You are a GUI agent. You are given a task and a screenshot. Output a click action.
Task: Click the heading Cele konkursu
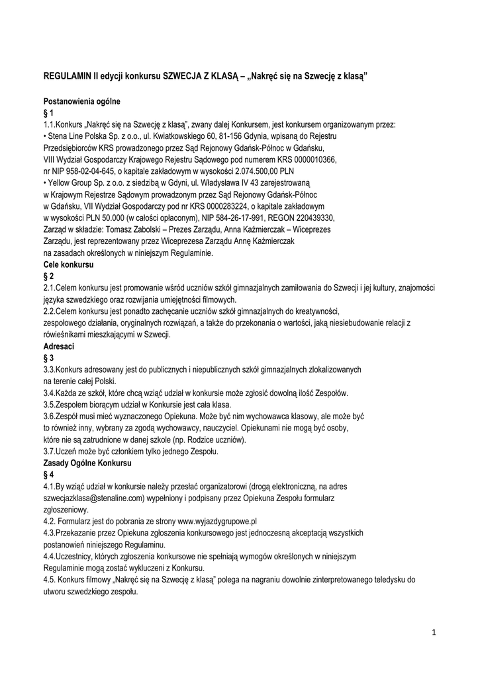68,264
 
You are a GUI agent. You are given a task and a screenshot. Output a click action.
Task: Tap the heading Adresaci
58,346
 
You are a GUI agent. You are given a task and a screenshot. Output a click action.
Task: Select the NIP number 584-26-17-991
241,218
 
